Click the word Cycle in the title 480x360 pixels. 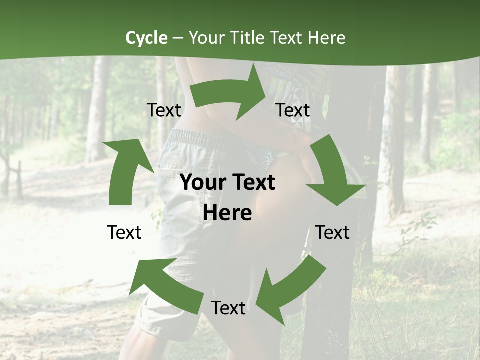pos(146,38)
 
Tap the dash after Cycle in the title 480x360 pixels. pos(178,38)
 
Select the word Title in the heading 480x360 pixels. pos(250,38)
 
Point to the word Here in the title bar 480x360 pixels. pos(326,38)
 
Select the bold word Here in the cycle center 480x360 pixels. pos(227,213)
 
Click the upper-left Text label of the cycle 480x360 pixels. pos(164,110)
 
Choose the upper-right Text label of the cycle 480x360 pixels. pos(293,110)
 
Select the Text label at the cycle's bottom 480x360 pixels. pos(228,308)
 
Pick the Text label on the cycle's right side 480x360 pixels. pos(332,232)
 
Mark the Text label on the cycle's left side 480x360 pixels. pos(124,232)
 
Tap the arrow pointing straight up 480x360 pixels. pos(125,172)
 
